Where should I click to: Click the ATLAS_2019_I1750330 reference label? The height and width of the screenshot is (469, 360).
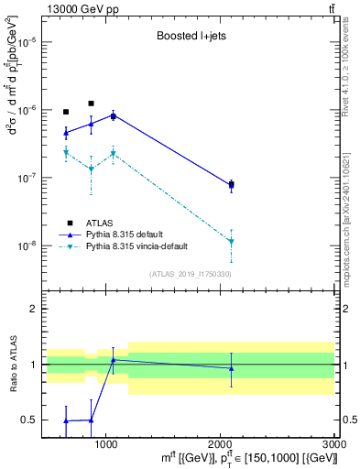click(191, 274)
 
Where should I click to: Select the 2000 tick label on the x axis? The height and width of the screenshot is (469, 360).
click(222, 444)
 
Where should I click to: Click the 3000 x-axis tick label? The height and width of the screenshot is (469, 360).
click(335, 444)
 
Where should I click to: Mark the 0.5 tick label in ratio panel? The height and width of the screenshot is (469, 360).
click(29, 420)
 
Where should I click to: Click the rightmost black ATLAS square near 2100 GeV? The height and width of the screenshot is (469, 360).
click(231, 185)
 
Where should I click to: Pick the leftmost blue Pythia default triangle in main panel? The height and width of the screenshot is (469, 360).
click(66, 133)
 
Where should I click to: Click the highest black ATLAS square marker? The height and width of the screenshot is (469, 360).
click(91, 104)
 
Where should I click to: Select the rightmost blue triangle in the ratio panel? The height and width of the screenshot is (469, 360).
click(231, 368)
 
